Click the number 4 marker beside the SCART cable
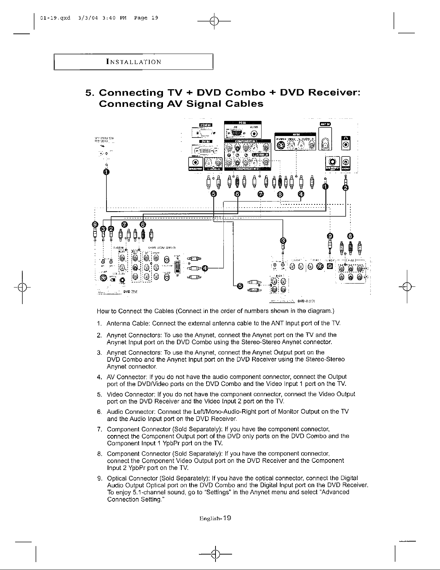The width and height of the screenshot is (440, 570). click(205, 268)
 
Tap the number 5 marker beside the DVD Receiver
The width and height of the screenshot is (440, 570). click(240, 286)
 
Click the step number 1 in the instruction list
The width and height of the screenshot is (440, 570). click(99, 323)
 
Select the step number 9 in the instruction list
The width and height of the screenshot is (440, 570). click(99, 478)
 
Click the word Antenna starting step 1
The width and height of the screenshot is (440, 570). click(118, 323)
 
